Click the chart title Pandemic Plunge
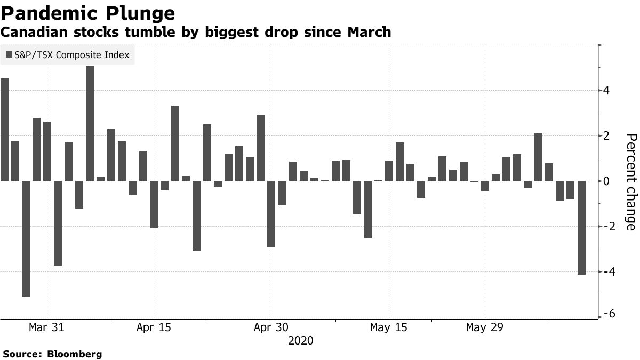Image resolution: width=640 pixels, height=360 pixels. pyautogui.click(x=87, y=13)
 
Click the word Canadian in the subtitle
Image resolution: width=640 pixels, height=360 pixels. pyautogui.click(x=27, y=33)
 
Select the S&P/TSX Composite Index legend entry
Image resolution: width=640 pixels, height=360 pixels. pyautogui.click(x=67, y=55)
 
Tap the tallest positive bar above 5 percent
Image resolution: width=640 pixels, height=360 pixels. pyautogui.click(x=90, y=123)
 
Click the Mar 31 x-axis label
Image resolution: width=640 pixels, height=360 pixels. pyautogui.click(x=47, y=327)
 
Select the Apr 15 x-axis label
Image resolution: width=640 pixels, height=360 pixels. pyautogui.click(x=154, y=327)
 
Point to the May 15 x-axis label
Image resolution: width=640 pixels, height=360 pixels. pyautogui.click(x=389, y=327)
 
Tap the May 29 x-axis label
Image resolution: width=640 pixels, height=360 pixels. pyautogui.click(x=484, y=327)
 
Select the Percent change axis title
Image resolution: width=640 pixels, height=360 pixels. pyautogui.click(x=630, y=182)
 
